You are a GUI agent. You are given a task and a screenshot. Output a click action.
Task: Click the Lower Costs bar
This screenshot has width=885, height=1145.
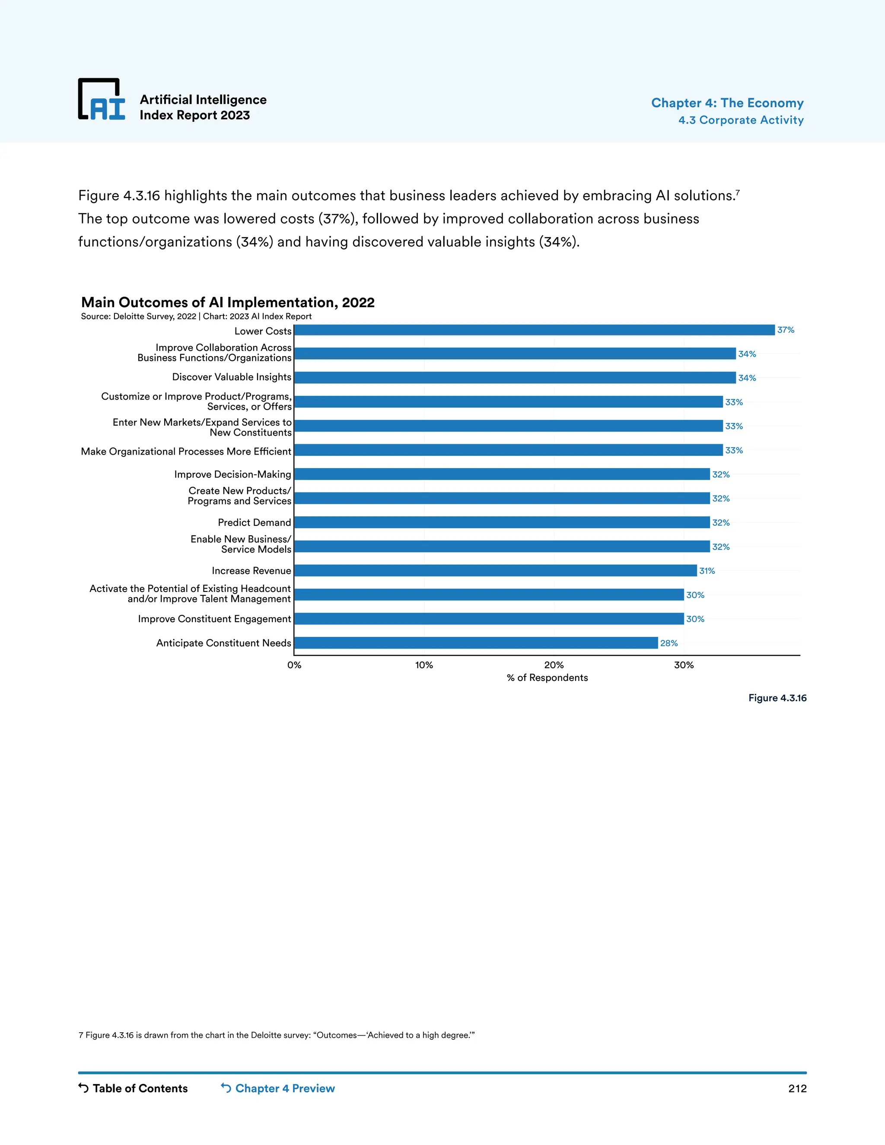click(534, 330)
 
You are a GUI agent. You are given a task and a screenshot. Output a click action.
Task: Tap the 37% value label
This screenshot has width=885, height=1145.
click(785, 330)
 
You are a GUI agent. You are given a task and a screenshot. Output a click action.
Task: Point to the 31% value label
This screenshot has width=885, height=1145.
click(707, 571)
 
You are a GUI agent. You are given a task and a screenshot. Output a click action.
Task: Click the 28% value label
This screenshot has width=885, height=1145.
click(669, 643)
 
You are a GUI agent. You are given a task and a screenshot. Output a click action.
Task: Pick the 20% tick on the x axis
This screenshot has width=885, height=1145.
click(554, 665)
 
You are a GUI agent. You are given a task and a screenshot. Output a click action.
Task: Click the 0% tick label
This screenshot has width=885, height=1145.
click(294, 665)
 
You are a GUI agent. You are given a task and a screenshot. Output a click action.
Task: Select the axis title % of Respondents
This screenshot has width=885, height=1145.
click(547, 678)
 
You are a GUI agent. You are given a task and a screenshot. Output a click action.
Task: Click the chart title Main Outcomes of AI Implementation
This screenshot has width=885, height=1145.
click(228, 302)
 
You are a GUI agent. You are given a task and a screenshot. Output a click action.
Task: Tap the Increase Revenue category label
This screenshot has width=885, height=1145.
click(251, 571)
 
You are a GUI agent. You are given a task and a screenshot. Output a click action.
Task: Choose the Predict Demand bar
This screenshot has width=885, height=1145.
click(502, 522)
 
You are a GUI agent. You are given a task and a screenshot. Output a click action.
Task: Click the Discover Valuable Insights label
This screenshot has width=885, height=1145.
click(231, 377)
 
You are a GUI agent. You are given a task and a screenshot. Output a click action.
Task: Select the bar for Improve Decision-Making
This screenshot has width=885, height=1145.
click(502, 474)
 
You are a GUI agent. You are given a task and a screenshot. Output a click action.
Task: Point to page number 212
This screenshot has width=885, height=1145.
click(797, 1088)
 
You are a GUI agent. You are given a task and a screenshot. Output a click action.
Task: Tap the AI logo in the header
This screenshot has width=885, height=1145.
click(102, 100)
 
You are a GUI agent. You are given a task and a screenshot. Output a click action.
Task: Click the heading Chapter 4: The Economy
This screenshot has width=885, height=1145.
click(727, 103)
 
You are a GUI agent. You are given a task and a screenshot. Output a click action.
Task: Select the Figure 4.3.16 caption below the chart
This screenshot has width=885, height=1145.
click(777, 698)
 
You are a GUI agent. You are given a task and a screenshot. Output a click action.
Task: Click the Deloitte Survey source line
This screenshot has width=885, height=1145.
click(196, 317)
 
